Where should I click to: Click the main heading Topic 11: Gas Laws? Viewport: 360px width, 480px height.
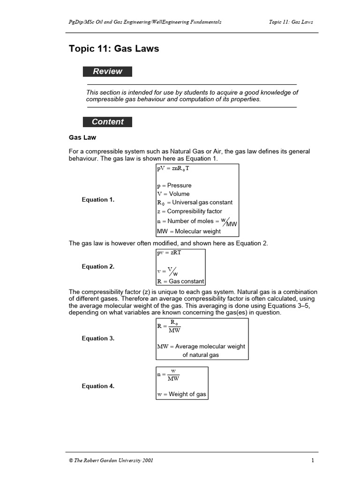click(114, 49)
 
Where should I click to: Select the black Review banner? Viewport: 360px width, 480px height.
click(107, 71)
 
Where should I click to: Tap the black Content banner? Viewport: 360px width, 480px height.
click(107, 121)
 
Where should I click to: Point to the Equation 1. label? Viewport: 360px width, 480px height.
click(98, 200)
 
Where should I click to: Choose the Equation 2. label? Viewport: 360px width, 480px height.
click(98, 267)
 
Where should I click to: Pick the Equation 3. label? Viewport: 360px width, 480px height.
click(98, 338)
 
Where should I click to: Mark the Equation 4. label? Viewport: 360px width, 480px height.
click(98, 386)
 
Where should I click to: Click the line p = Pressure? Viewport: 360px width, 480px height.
click(174, 185)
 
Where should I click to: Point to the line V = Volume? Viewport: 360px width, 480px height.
click(173, 194)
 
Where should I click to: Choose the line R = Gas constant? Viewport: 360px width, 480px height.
click(180, 281)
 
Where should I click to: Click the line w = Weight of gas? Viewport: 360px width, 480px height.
click(181, 394)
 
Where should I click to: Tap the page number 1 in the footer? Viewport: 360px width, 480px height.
click(312, 460)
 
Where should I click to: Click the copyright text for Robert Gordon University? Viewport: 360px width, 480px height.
click(111, 460)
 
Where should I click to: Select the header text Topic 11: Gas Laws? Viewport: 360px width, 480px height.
click(291, 22)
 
